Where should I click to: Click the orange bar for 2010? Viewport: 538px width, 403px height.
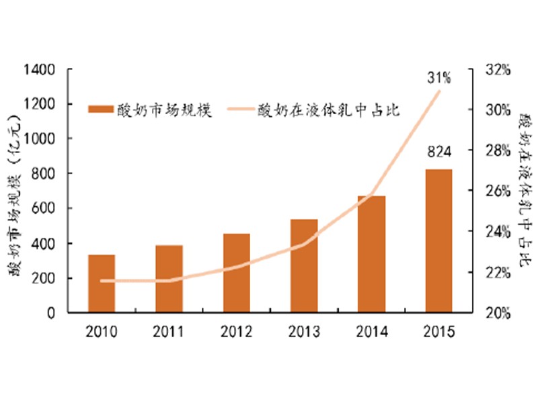102,283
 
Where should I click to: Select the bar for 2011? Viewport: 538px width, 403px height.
169,279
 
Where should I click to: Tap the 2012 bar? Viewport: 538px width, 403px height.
236,273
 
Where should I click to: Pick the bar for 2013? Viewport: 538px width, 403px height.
304,265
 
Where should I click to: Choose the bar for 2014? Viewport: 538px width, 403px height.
371,254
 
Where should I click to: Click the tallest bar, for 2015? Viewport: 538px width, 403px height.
438,240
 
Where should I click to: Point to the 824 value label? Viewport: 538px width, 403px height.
438,151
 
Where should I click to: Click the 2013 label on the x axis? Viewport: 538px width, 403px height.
304,331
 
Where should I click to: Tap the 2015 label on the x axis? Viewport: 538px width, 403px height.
438,331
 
